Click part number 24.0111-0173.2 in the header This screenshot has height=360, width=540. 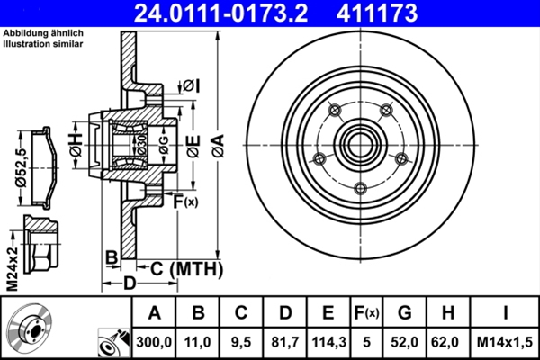pyautogui.click(x=220, y=13)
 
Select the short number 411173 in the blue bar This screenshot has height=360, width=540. pyautogui.click(x=377, y=13)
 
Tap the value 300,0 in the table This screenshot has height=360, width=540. pyautogui.click(x=154, y=342)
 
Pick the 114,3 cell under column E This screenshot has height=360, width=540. pyautogui.click(x=328, y=342)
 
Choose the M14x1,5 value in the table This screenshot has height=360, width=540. pyautogui.click(x=505, y=342)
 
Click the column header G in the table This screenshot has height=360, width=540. pyautogui.click(x=405, y=312)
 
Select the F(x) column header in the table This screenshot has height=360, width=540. pyautogui.click(x=366, y=313)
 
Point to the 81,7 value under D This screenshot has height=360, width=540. pyautogui.click(x=285, y=342)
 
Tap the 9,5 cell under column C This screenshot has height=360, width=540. pyautogui.click(x=241, y=342)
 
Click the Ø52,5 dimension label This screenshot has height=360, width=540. pyautogui.click(x=22, y=168)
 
